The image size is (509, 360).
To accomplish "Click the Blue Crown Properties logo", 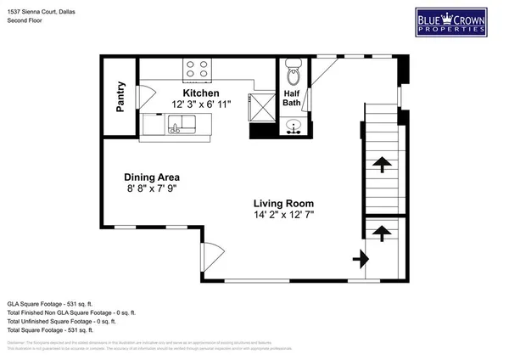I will [x=456, y=22].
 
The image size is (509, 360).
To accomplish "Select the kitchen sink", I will [x=176, y=127].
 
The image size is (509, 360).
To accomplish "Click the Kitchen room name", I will [x=201, y=93].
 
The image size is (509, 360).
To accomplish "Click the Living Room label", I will [x=283, y=204].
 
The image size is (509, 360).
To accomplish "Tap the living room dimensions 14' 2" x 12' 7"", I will [x=283, y=216].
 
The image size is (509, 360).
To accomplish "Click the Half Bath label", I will [x=291, y=98].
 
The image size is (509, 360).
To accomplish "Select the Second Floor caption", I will [x=24, y=17].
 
